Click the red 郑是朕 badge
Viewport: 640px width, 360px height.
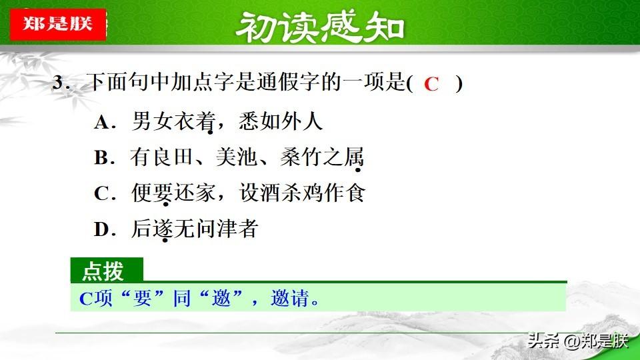(x=58, y=24)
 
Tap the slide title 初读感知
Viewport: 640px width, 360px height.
(x=320, y=27)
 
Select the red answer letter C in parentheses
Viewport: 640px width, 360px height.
(x=431, y=84)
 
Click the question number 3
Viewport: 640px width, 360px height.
(x=59, y=83)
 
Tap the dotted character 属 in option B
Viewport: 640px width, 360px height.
(x=353, y=157)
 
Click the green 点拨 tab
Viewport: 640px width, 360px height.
(x=107, y=270)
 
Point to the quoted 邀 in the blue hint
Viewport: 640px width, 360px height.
(x=221, y=298)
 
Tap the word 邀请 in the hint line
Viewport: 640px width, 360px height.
(x=290, y=298)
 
